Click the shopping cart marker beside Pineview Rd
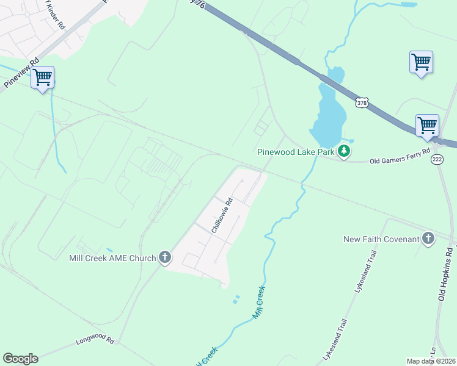click(x=42, y=78)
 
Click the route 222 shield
click(x=437, y=159)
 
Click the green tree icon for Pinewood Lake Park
click(x=345, y=151)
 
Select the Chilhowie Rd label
click(x=222, y=215)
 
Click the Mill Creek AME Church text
click(x=113, y=258)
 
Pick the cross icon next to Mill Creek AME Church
click(x=164, y=258)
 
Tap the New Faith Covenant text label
click(x=381, y=239)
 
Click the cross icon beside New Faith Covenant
click(x=428, y=239)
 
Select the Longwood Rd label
click(x=95, y=338)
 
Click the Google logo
click(x=20, y=359)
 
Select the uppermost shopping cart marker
click(x=421, y=62)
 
